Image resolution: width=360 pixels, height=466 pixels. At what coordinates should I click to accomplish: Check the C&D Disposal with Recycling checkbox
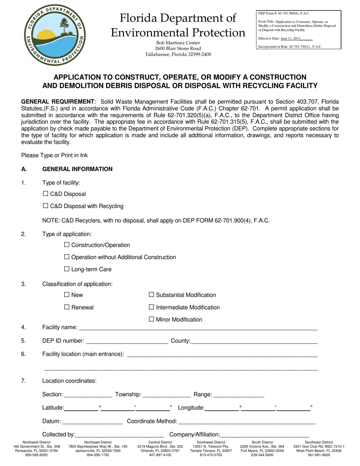[45, 206]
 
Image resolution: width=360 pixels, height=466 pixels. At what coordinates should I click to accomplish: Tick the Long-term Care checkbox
[67, 269]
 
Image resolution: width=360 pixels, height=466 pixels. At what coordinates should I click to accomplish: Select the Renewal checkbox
[67, 307]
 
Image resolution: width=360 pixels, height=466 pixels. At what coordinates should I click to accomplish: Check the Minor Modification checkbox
[152, 319]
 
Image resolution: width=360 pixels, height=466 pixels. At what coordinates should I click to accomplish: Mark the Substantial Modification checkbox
[152, 294]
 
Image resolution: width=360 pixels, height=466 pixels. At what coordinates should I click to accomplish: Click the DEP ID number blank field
[127, 341]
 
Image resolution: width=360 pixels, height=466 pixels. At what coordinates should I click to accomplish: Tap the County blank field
[254, 341]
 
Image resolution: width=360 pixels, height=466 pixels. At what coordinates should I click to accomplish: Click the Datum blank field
[92, 422]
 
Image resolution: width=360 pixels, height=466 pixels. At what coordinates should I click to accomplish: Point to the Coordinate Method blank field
[246, 422]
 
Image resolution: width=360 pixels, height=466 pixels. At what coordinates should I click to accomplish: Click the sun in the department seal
[46, 35]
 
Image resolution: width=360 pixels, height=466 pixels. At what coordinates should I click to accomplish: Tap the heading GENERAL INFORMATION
[77, 169]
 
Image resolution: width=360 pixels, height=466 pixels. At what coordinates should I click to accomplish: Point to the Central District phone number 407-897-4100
[160, 455]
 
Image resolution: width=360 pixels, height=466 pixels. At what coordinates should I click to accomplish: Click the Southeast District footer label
[319, 442]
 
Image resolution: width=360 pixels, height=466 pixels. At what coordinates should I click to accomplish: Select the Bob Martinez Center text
[178, 43]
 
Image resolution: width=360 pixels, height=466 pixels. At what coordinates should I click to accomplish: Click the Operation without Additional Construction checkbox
[67, 257]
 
